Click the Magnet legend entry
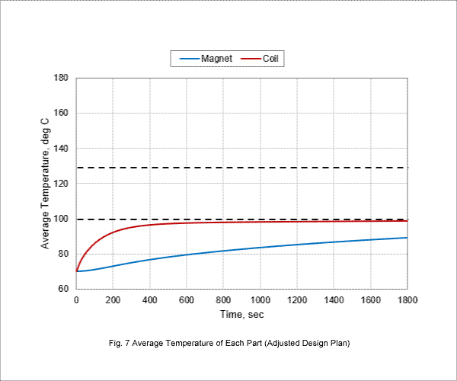(x=206, y=59)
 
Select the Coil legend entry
(x=260, y=59)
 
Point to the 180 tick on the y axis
(x=61, y=78)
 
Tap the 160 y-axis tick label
(x=61, y=113)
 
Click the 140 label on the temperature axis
(x=61, y=148)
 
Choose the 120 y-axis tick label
(x=61, y=184)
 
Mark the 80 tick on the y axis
(x=63, y=254)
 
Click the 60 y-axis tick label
(x=63, y=289)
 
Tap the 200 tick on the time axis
(x=113, y=300)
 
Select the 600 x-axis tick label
(x=187, y=300)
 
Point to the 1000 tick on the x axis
(x=260, y=300)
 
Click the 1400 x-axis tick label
(x=334, y=300)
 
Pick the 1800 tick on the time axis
(x=407, y=300)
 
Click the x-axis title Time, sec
(x=242, y=315)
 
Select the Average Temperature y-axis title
(x=45, y=184)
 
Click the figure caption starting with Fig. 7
(x=229, y=343)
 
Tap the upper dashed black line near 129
(x=242, y=168)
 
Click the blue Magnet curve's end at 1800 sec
(x=407, y=238)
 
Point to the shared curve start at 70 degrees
(x=76, y=271)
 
